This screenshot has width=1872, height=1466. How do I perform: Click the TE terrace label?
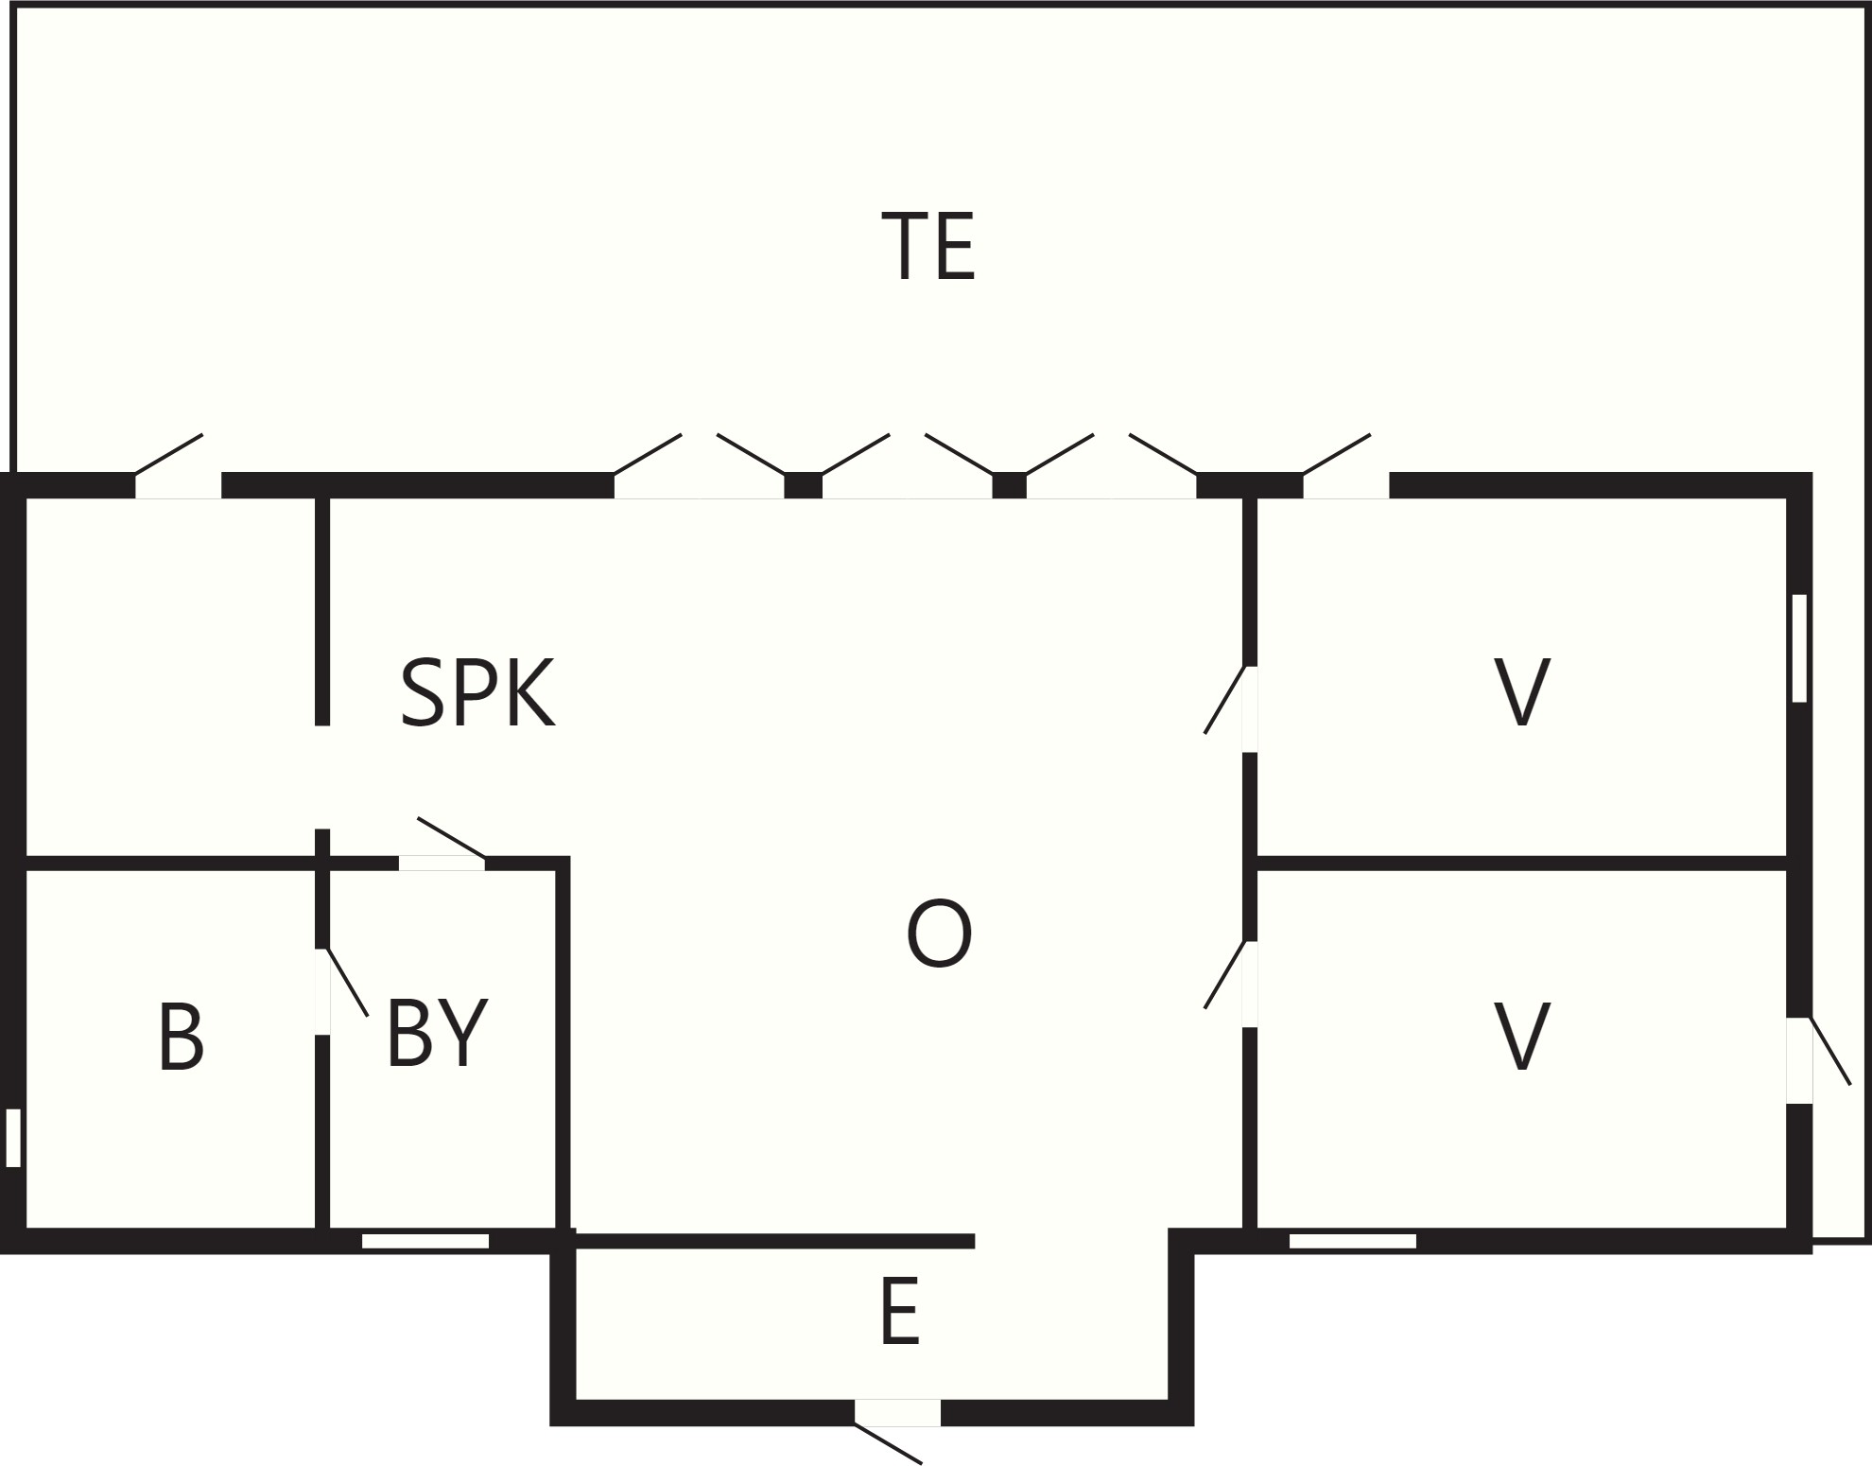point(927,246)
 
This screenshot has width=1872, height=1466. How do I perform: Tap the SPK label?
point(477,692)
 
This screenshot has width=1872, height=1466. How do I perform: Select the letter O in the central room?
point(939,934)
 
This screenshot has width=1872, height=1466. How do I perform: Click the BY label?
point(437,1032)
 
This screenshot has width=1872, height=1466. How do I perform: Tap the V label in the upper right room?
point(1521,692)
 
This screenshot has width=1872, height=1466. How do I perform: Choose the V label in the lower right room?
point(1521,1037)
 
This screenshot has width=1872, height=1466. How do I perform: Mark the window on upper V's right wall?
point(1799,648)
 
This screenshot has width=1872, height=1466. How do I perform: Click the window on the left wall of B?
point(13,1138)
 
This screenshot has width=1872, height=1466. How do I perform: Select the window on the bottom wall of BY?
point(425,1241)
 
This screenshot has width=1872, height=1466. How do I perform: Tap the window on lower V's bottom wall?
point(1353,1241)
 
